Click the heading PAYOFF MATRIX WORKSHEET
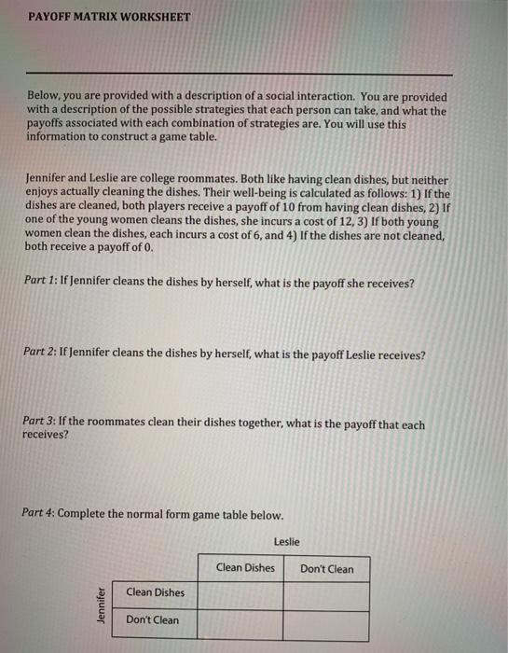coord(108,17)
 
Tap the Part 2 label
coord(41,354)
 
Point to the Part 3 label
coord(41,424)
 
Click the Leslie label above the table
coord(287,541)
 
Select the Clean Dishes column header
coord(245,568)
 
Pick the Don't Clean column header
coord(326,569)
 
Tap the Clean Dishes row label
coord(155,592)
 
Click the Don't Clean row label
coord(152,619)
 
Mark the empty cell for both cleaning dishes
coord(240,594)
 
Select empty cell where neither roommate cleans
coord(326,622)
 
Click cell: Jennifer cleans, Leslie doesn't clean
coord(326,594)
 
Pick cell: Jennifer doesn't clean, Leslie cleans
coord(240,622)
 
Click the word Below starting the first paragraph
coord(44,97)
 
